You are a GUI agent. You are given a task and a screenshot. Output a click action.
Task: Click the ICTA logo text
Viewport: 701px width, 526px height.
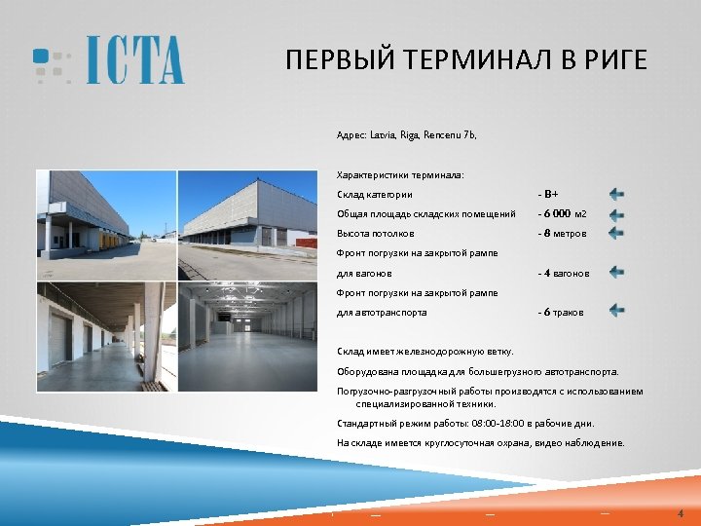pos(134,60)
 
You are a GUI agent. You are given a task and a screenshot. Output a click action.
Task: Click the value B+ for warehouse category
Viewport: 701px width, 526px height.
pos(551,195)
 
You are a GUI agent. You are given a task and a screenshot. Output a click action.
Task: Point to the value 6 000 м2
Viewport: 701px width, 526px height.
pos(565,214)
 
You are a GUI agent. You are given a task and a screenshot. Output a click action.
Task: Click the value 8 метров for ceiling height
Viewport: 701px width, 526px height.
pos(566,234)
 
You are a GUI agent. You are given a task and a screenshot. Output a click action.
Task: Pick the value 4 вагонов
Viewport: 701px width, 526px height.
pos(566,274)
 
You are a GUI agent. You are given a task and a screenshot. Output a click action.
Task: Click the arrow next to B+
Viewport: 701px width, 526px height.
pos(616,194)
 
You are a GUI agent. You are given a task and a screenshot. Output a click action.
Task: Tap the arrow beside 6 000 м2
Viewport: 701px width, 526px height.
pos(616,214)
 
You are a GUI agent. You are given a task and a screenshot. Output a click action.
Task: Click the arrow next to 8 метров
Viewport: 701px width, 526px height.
pos(616,233)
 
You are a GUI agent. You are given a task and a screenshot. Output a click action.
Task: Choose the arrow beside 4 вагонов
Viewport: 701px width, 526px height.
pos(616,273)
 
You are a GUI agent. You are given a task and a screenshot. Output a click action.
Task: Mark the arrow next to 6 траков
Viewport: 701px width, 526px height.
pos(616,311)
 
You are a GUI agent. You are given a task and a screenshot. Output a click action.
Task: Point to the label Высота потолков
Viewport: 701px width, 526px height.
pos(375,234)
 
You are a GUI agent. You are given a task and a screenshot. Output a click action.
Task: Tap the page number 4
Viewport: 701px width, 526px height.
pos(681,513)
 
